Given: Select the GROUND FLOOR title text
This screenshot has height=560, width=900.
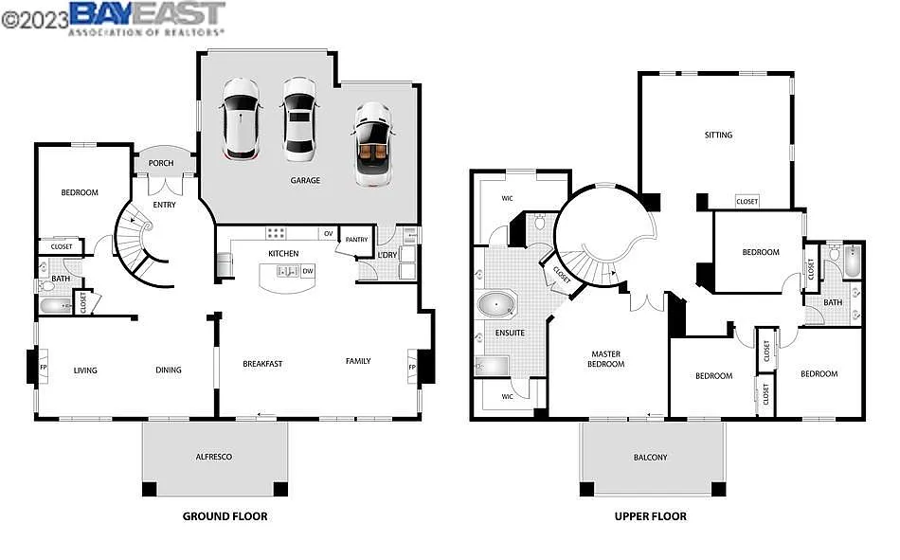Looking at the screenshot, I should [225, 516].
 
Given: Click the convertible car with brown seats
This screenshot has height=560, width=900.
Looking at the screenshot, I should [373, 144].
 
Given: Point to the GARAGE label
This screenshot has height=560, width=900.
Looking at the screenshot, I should [305, 180].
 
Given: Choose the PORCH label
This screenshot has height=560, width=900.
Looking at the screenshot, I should [162, 163].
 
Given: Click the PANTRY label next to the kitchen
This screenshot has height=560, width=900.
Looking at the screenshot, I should [356, 240].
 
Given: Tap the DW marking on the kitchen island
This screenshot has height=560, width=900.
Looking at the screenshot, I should [308, 272].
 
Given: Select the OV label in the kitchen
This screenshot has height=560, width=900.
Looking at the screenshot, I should [328, 233].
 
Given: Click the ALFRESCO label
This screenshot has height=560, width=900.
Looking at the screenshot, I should [214, 457].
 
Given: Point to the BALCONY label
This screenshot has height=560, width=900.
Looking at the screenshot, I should [650, 458].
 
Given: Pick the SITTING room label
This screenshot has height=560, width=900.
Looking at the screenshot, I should [718, 135].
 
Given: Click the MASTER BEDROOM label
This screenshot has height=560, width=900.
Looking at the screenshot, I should [605, 359].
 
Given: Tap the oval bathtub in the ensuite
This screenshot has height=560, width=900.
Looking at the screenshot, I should [497, 305].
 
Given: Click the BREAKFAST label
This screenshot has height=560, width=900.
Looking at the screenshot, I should [262, 363].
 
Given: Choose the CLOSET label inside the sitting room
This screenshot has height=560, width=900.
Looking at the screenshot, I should [747, 201].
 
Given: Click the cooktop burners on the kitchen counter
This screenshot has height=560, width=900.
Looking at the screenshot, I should [277, 232].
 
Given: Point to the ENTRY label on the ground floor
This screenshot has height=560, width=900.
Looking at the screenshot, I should [164, 205].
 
